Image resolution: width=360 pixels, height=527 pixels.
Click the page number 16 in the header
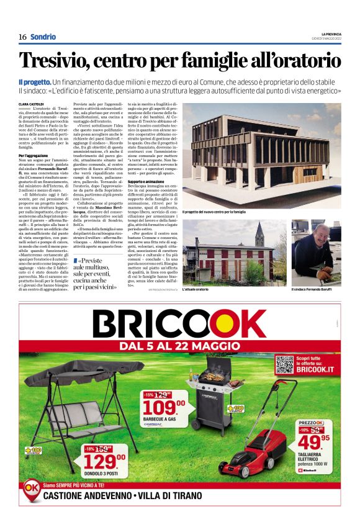pos(22,37)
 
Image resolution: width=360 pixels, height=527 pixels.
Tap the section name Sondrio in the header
pos(43,37)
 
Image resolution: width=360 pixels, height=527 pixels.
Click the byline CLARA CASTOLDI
pos(31,104)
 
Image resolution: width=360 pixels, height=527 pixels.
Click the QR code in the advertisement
pos(284,364)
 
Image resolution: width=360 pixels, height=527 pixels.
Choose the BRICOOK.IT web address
pos(317,370)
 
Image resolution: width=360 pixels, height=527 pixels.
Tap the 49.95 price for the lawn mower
pos(312,441)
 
